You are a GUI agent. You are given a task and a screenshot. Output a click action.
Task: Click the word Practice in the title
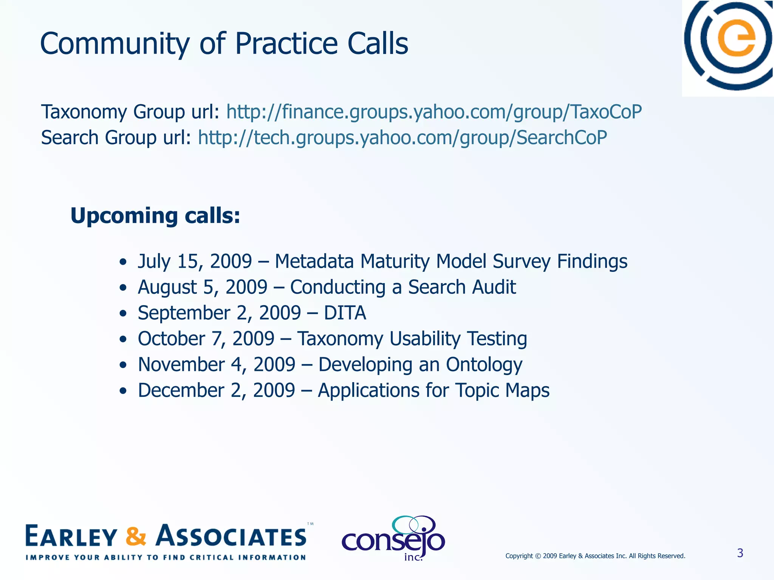pyautogui.click(x=286, y=44)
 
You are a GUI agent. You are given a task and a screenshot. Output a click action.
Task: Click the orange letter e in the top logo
pyautogui.click(x=736, y=39)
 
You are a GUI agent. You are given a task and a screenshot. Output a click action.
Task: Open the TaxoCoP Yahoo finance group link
pyautogui.click(x=433, y=112)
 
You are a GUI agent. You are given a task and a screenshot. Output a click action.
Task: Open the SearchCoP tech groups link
pyautogui.click(x=402, y=137)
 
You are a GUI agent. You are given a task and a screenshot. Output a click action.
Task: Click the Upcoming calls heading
pyautogui.click(x=155, y=216)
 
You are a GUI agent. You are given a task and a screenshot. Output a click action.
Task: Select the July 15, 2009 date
pyautogui.click(x=194, y=261)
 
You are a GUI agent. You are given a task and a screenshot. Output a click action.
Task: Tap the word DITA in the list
pyautogui.click(x=345, y=313)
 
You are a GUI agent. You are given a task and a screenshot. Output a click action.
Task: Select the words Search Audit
pyautogui.click(x=461, y=287)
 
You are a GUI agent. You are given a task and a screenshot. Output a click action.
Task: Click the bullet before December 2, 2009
pyautogui.click(x=122, y=391)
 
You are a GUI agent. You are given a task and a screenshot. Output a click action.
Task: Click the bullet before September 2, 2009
pyautogui.click(x=122, y=314)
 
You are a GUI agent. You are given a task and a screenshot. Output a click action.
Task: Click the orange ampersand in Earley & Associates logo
pyautogui.click(x=136, y=536)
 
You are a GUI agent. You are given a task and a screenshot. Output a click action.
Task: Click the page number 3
pyautogui.click(x=740, y=553)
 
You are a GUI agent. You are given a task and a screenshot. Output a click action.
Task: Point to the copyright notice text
pyautogui.click(x=595, y=556)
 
